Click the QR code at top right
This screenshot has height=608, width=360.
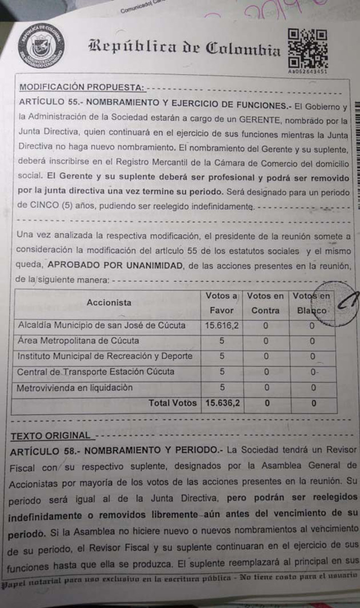308,48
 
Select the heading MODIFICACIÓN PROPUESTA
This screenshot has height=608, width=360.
80,87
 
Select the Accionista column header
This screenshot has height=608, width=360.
109,302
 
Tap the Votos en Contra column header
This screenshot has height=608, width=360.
265,303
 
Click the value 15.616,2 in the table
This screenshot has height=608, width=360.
222,326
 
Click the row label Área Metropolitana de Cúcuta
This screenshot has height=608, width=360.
78,341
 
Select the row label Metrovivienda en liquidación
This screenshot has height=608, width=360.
75,388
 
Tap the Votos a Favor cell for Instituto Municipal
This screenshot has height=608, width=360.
222,356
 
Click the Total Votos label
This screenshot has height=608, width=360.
172,403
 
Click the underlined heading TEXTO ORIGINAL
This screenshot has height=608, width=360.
50,436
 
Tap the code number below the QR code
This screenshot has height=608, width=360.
307,71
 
